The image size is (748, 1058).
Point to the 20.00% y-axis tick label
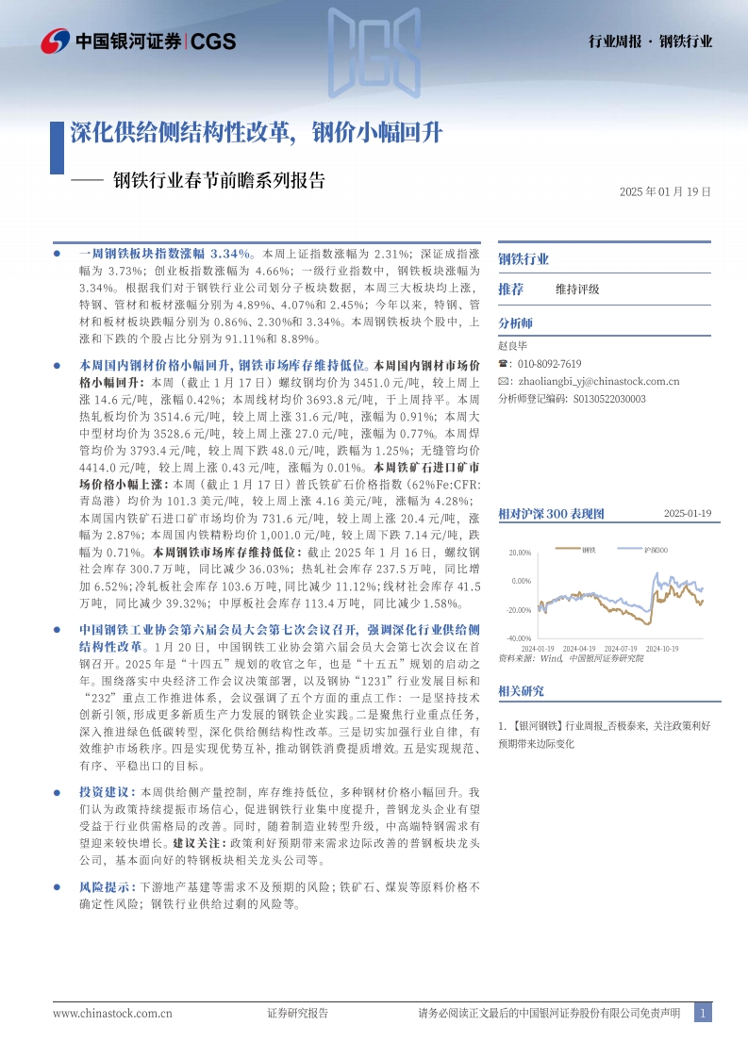(x=520, y=553)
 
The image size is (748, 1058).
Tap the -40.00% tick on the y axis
(x=519, y=638)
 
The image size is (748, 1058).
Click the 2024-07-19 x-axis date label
(x=620, y=649)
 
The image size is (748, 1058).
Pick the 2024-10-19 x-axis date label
(x=660, y=649)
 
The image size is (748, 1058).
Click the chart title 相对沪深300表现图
(x=550, y=514)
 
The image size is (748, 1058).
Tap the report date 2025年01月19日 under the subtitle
(x=665, y=190)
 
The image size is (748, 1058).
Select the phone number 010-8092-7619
(x=549, y=364)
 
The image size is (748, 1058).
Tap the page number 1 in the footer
(x=703, y=1013)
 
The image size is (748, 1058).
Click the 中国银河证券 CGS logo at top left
(x=139, y=41)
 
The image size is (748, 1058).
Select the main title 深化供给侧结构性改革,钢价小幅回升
(x=256, y=132)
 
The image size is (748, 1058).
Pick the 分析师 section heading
(x=515, y=322)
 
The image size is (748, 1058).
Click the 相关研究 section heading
(x=521, y=691)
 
